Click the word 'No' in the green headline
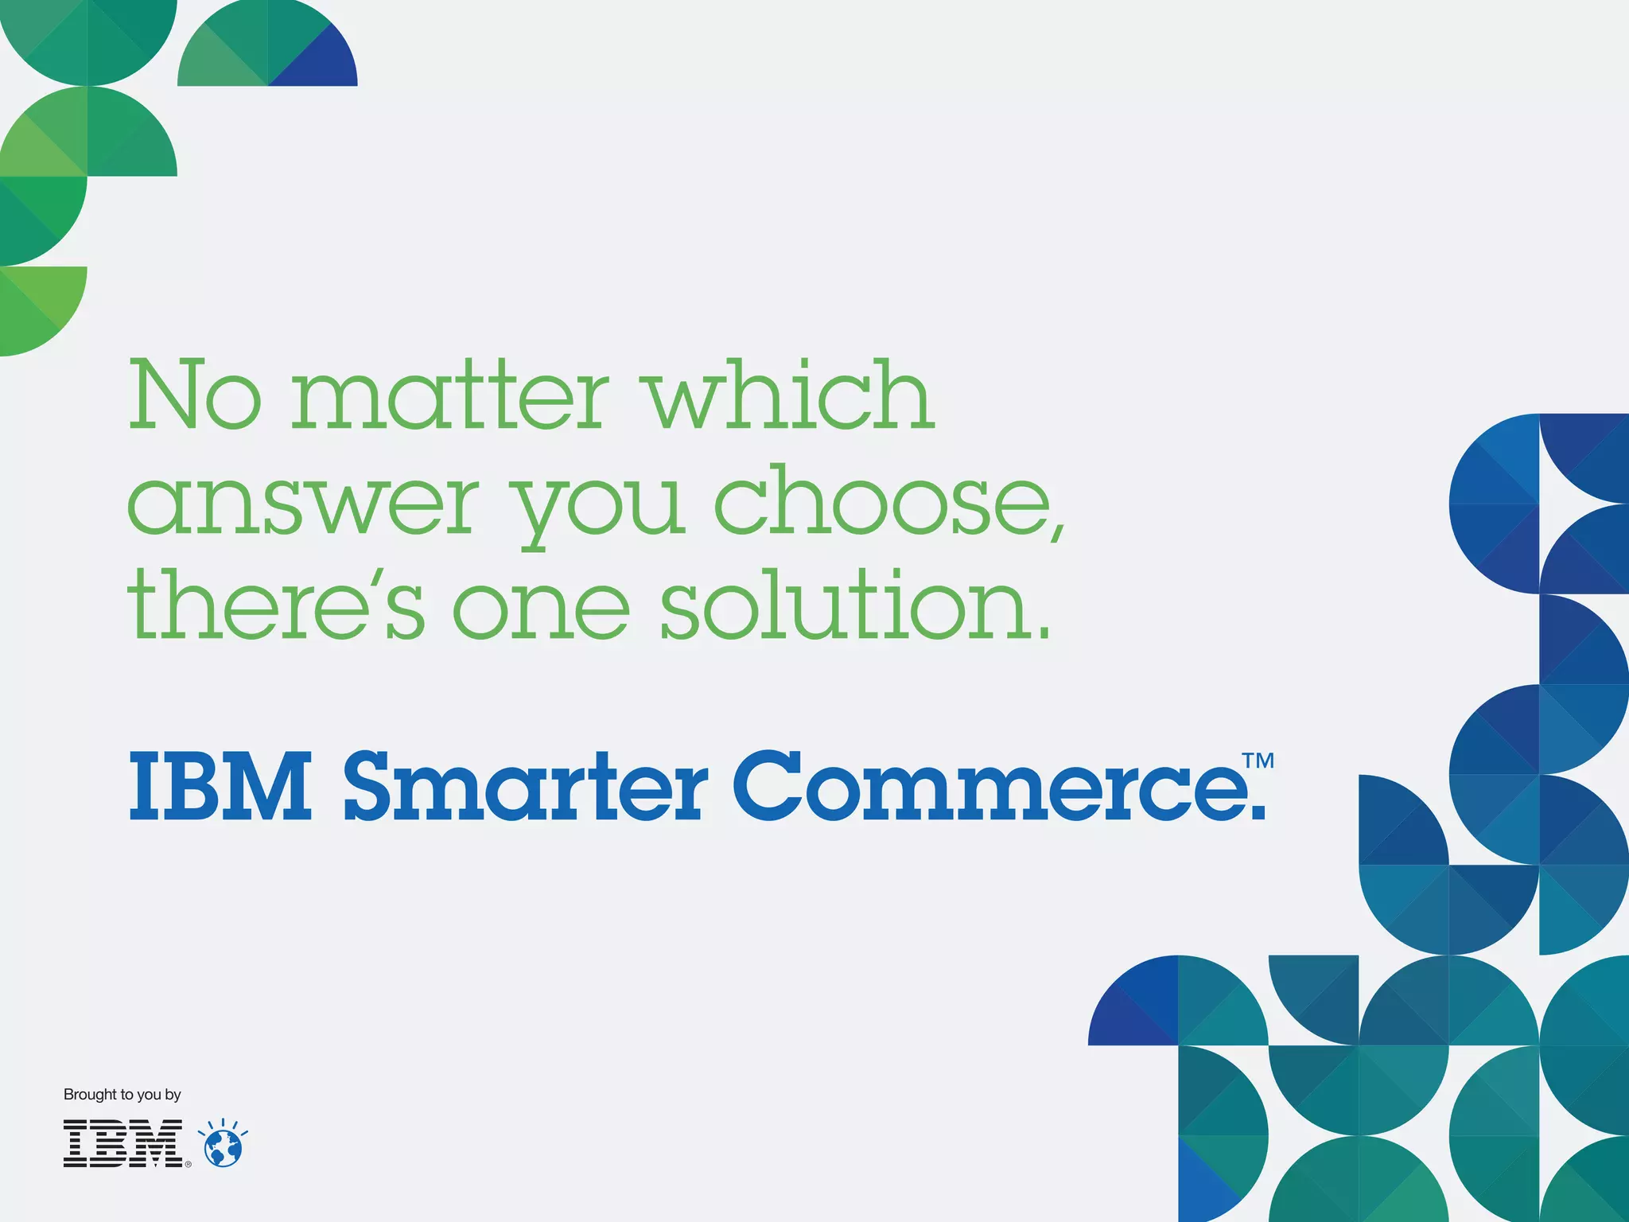click(195, 395)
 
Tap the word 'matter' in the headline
click(450, 395)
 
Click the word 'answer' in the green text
click(303, 503)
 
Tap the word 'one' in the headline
click(542, 609)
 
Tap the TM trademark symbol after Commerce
click(1259, 761)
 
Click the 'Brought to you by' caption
click(122, 1095)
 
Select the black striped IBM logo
click(123, 1144)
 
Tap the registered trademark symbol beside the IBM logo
click(189, 1164)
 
